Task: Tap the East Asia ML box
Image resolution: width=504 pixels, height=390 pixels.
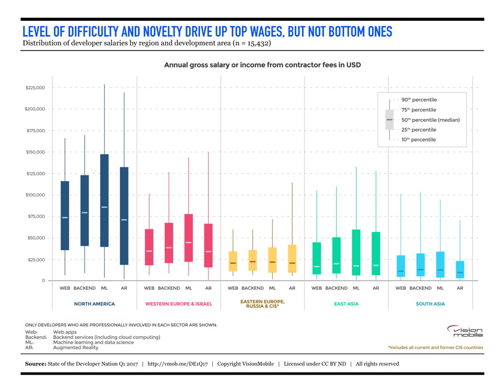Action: (356, 252)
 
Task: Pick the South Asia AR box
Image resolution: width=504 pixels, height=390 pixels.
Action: (460, 269)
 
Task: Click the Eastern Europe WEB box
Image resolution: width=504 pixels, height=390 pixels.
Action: (233, 261)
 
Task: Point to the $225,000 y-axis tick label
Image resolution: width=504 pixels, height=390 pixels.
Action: (35, 87)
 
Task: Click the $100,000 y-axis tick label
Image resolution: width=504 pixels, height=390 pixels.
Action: (35, 195)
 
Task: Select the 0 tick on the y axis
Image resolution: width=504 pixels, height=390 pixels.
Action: (43, 281)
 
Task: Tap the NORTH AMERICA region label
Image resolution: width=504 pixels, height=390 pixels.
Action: (94, 304)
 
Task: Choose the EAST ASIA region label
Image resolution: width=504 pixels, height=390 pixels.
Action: (346, 304)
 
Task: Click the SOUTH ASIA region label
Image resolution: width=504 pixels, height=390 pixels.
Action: (430, 304)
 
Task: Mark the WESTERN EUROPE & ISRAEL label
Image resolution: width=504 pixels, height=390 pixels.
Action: (179, 304)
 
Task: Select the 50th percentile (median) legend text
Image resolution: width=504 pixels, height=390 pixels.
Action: (430, 120)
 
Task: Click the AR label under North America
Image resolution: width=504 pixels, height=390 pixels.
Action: (124, 288)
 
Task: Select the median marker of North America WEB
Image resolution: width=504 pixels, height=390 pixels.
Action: (65, 217)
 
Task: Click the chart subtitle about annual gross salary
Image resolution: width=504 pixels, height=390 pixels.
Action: (262, 65)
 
